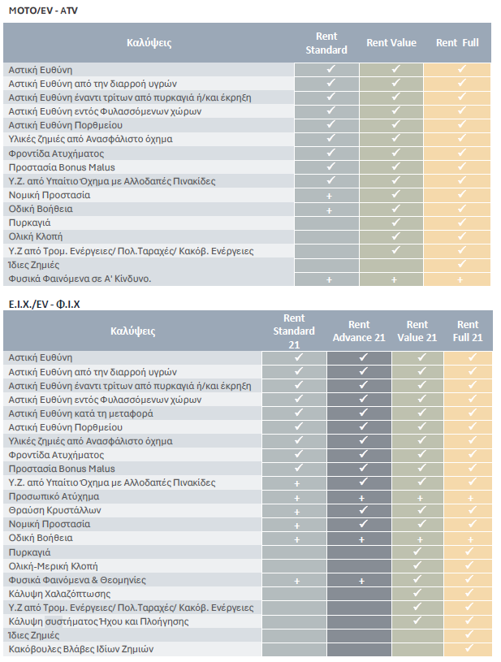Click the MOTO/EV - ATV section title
[43, 11]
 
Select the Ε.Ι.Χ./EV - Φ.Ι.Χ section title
[45, 304]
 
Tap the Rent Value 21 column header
[417, 331]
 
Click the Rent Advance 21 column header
[359, 331]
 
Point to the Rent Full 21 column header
[468, 331]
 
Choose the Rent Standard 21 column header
[294, 331]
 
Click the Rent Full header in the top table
[457, 42]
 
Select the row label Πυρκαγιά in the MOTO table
[29, 223]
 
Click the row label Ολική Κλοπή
[36, 236]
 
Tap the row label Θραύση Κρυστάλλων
[55, 510]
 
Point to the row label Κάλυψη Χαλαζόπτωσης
[59, 594]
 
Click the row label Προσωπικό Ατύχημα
[54, 496]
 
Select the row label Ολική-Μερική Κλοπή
[53, 566]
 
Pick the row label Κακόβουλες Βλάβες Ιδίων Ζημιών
[81, 649]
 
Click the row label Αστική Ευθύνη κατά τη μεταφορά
[80, 413]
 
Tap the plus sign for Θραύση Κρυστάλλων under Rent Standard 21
[296, 512]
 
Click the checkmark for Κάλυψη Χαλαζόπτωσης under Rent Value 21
[417, 593]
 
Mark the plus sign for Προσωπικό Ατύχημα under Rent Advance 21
[361, 498]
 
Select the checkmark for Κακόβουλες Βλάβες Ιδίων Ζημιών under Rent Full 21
[469, 648]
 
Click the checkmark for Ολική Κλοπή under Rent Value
[395, 236]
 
